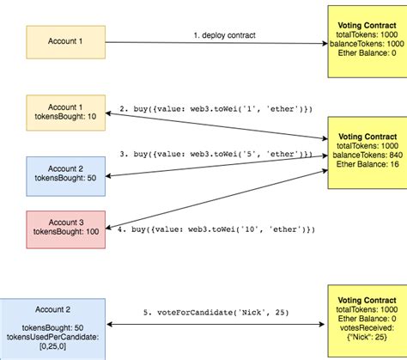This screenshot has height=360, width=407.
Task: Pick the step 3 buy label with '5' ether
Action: tap(215, 153)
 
